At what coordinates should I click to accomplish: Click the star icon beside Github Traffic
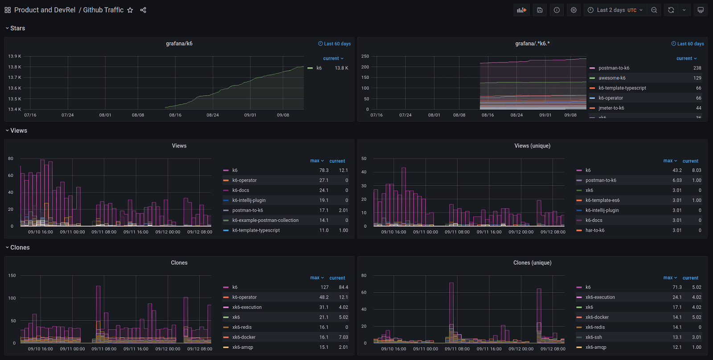(x=130, y=10)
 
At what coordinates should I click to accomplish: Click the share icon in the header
(x=143, y=10)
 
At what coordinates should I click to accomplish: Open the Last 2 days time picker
(x=616, y=10)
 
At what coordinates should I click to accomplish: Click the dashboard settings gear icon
(x=574, y=10)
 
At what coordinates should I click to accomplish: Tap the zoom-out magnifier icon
(x=654, y=10)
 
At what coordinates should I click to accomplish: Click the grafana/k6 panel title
(x=179, y=44)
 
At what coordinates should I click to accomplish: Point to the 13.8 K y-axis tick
(x=14, y=67)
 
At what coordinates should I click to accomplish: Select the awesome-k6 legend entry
(x=612, y=78)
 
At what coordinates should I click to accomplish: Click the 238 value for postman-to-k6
(x=697, y=68)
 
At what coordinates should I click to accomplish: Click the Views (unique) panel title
(x=532, y=146)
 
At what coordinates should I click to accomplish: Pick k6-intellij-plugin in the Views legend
(x=249, y=200)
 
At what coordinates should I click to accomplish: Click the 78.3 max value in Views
(x=324, y=170)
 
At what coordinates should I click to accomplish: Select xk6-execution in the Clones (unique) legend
(x=600, y=297)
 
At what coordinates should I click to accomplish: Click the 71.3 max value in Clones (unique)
(x=677, y=287)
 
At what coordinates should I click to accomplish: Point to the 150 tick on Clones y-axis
(x=12, y=276)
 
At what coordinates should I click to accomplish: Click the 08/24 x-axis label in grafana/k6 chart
(x=213, y=115)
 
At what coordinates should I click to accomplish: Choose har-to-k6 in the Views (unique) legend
(x=595, y=230)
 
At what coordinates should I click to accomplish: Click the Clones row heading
(x=20, y=248)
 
